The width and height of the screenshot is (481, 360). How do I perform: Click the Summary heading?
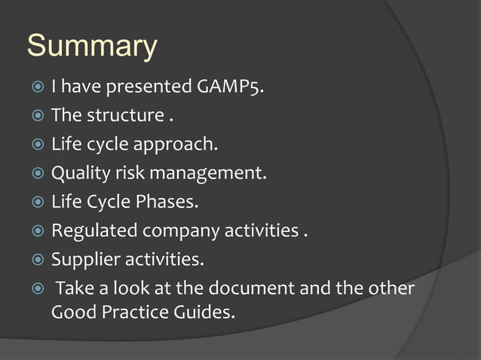tap(92, 47)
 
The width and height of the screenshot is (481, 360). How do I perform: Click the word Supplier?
tap(85, 260)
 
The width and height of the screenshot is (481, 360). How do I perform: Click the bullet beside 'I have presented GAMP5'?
tap(37, 88)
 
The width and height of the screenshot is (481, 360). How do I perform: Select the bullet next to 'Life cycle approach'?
tap(37, 145)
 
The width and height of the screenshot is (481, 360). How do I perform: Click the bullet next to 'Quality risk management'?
tap(37, 174)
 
